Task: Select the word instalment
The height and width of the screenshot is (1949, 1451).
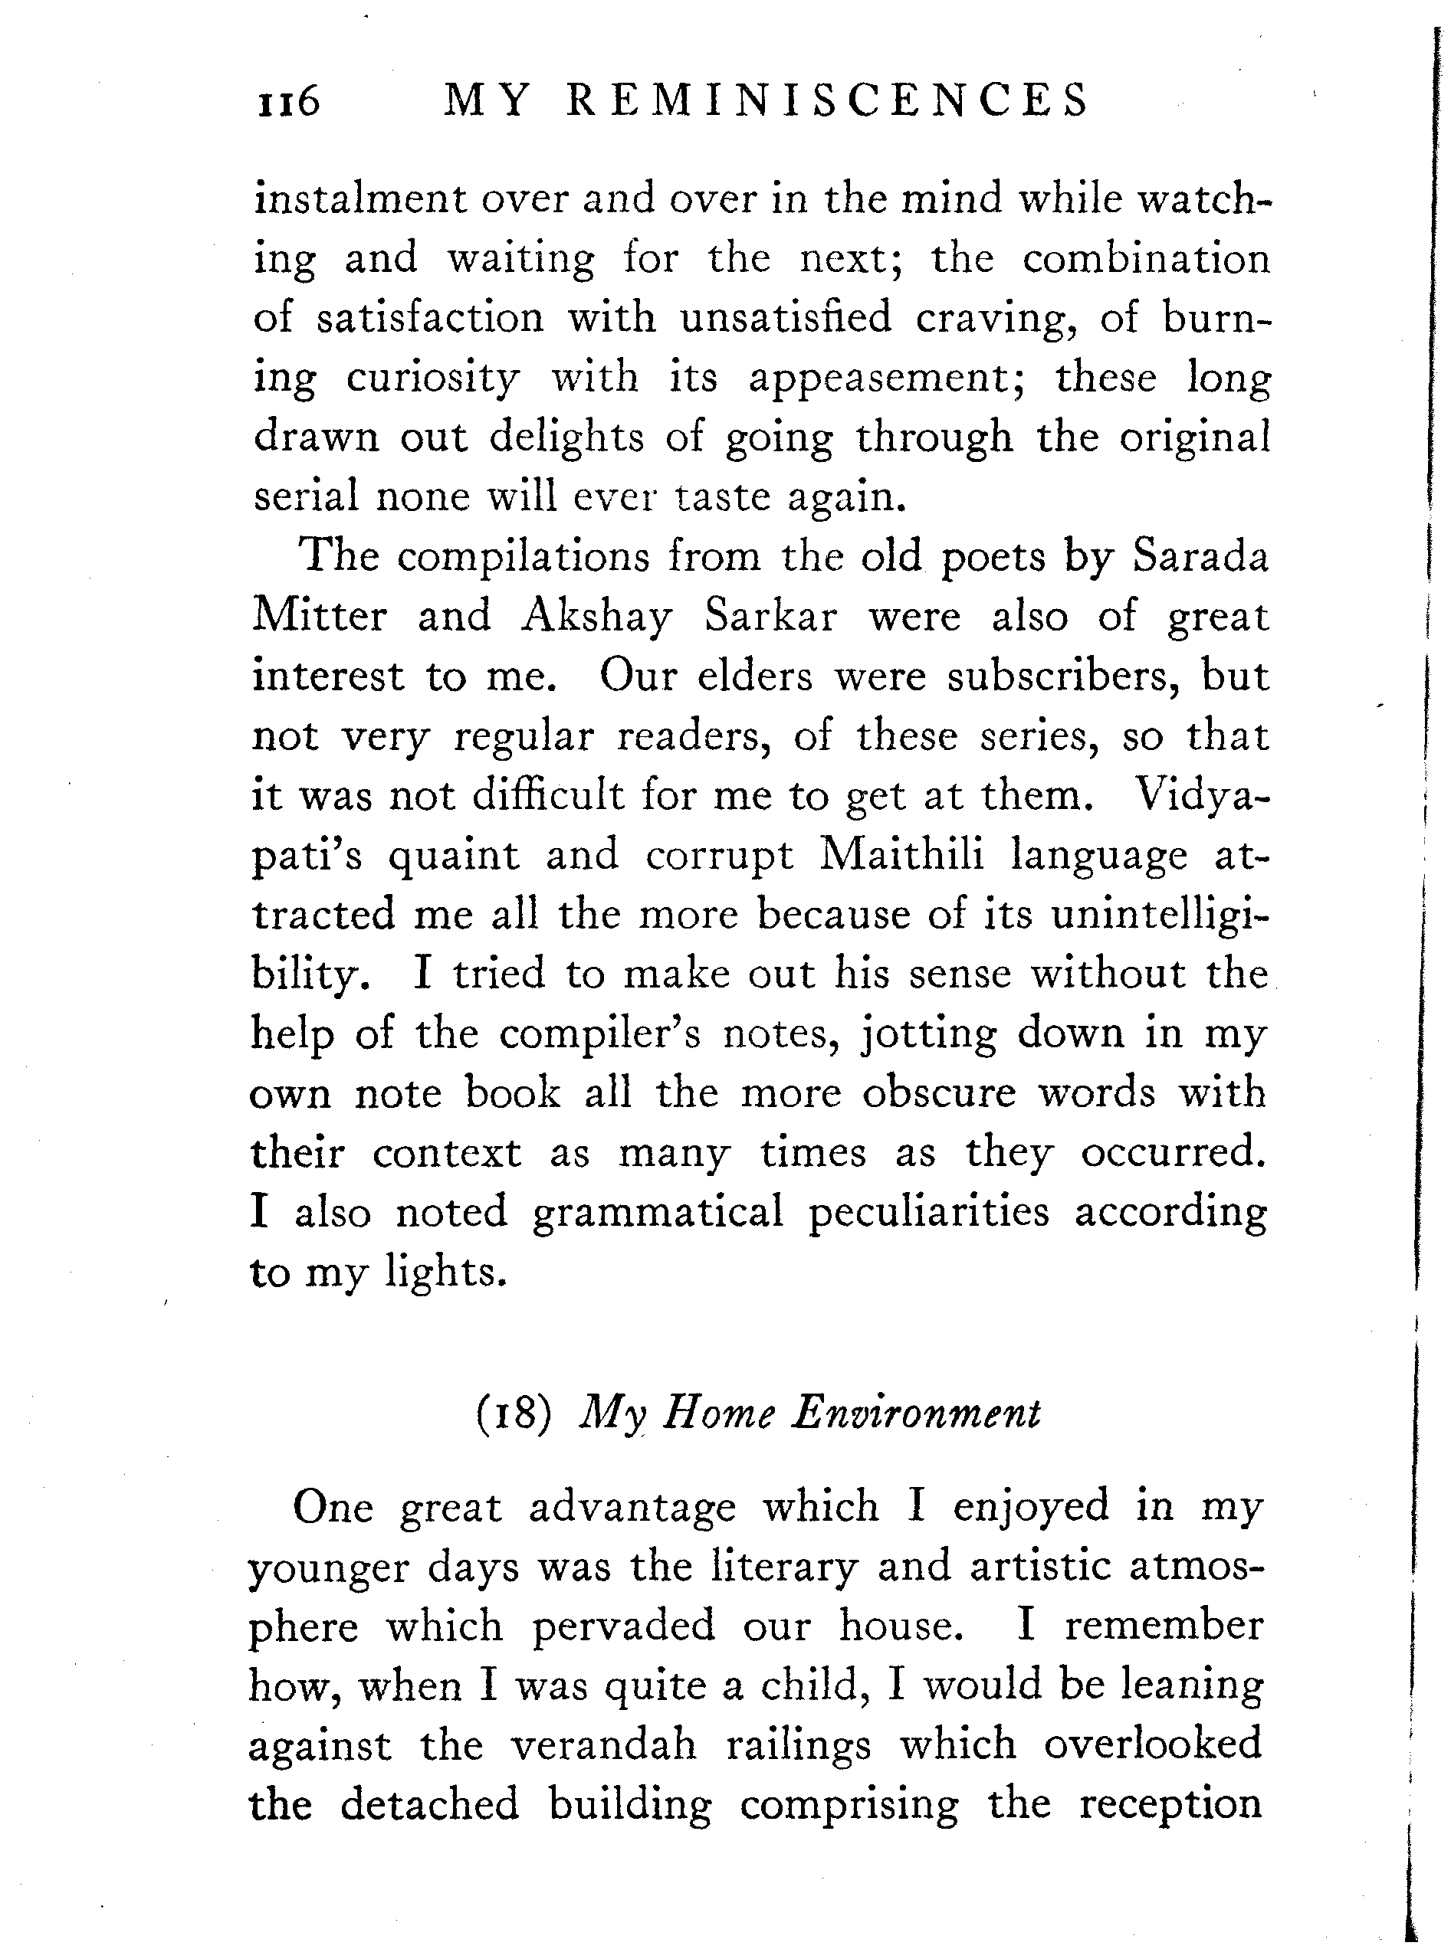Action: pos(360,198)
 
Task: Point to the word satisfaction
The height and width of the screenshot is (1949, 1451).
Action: pos(430,317)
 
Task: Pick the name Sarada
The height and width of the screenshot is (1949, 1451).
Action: pos(1200,557)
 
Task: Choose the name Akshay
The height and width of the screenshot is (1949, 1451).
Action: pos(596,617)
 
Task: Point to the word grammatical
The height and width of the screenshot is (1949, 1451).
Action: pos(658,1213)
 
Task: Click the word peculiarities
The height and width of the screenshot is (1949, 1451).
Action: pos(928,1213)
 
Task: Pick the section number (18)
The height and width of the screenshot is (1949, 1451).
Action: pos(514,1413)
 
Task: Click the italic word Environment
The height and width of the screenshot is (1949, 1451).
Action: pos(915,1413)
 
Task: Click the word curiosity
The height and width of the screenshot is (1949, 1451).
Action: pos(432,378)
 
